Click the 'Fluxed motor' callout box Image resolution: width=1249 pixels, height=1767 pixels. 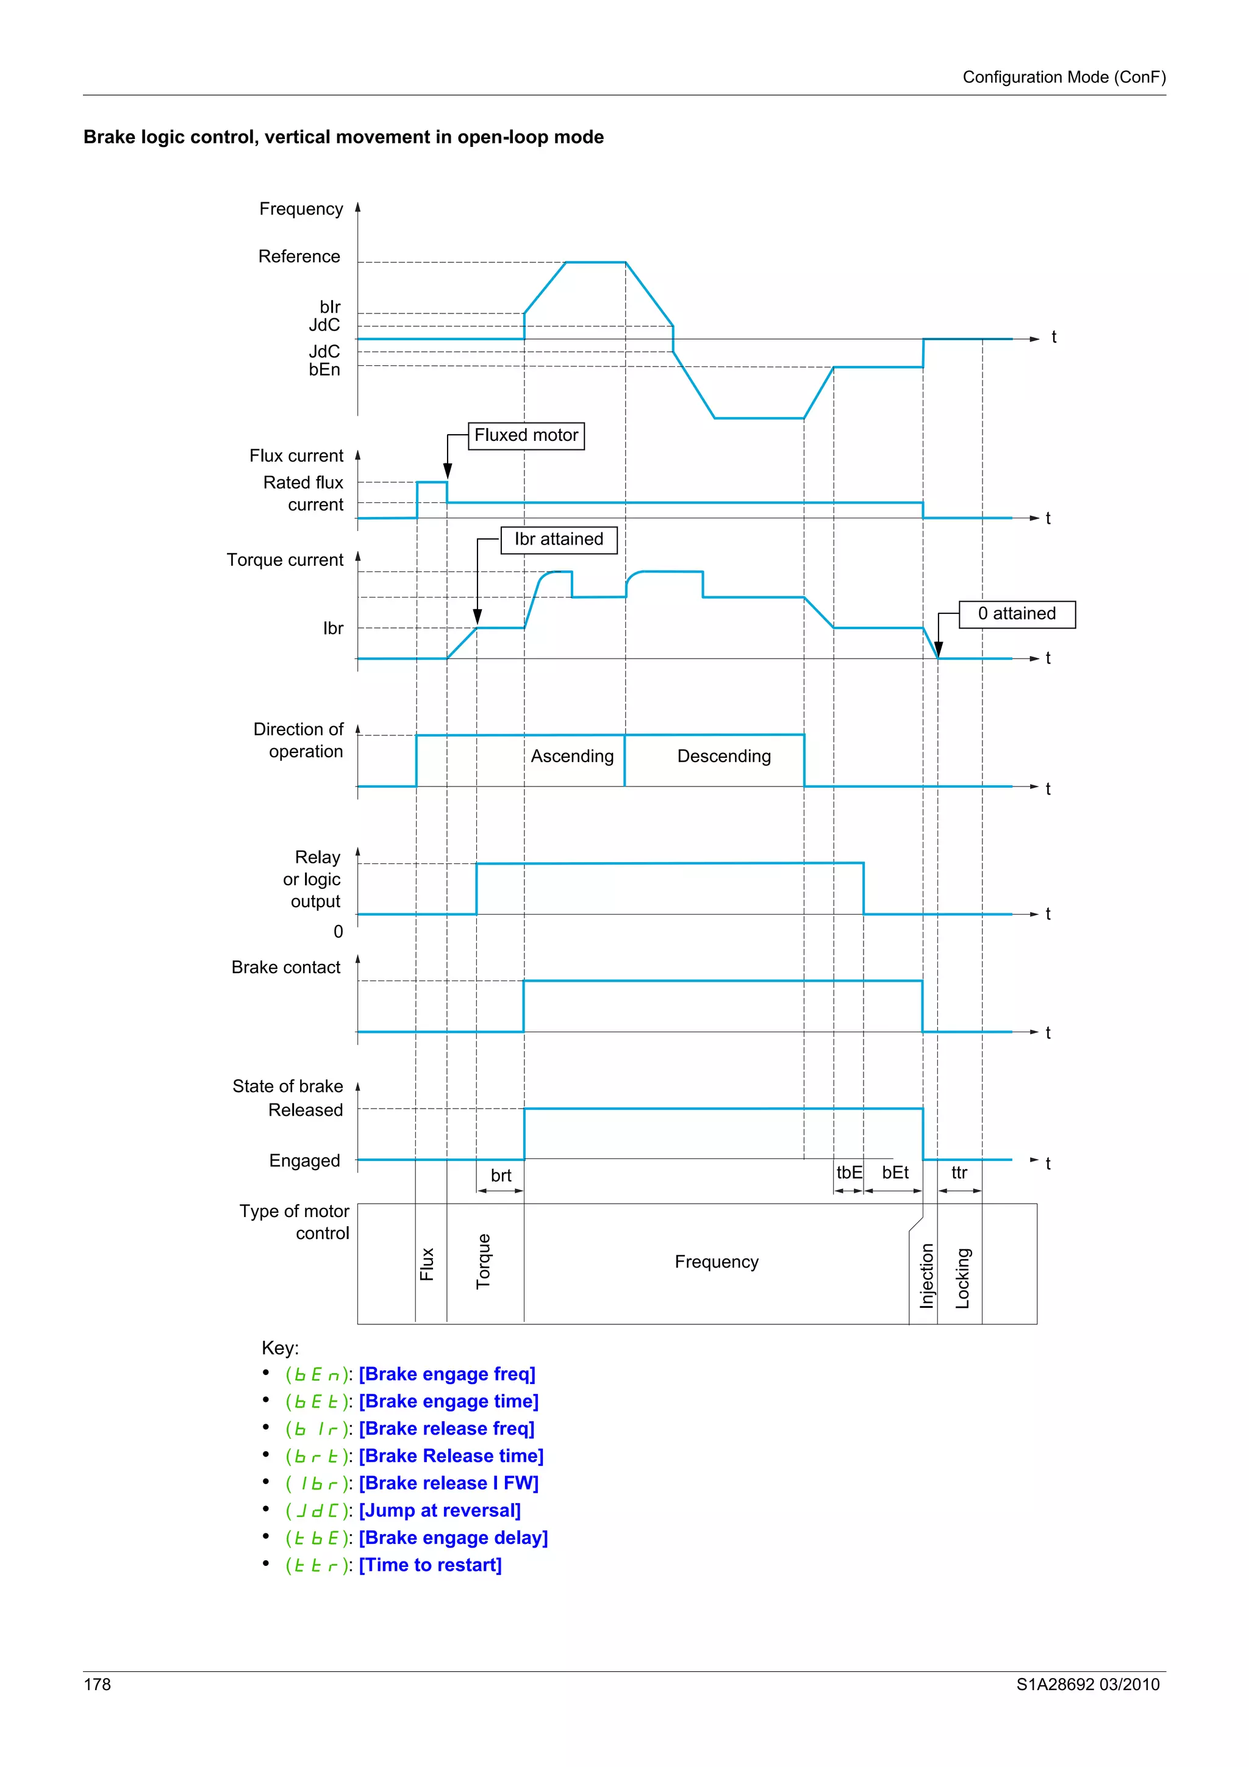point(526,435)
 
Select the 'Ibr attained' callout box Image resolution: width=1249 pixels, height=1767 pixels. point(559,540)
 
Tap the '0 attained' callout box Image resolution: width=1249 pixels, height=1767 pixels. point(1017,614)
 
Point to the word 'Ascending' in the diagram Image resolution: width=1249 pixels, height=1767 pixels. point(572,757)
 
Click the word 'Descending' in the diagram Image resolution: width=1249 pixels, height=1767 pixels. point(723,757)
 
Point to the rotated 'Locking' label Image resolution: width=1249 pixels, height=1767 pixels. point(962,1277)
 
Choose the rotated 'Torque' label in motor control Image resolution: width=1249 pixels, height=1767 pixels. point(483,1260)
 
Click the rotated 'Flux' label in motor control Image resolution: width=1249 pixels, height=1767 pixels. point(427,1264)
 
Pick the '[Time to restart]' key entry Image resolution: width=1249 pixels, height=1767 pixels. point(430,1565)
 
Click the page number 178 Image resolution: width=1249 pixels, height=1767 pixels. point(97,1685)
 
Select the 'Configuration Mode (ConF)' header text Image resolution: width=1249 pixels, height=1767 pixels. point(1064,77)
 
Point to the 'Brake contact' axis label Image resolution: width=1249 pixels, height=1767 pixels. point(285,968)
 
